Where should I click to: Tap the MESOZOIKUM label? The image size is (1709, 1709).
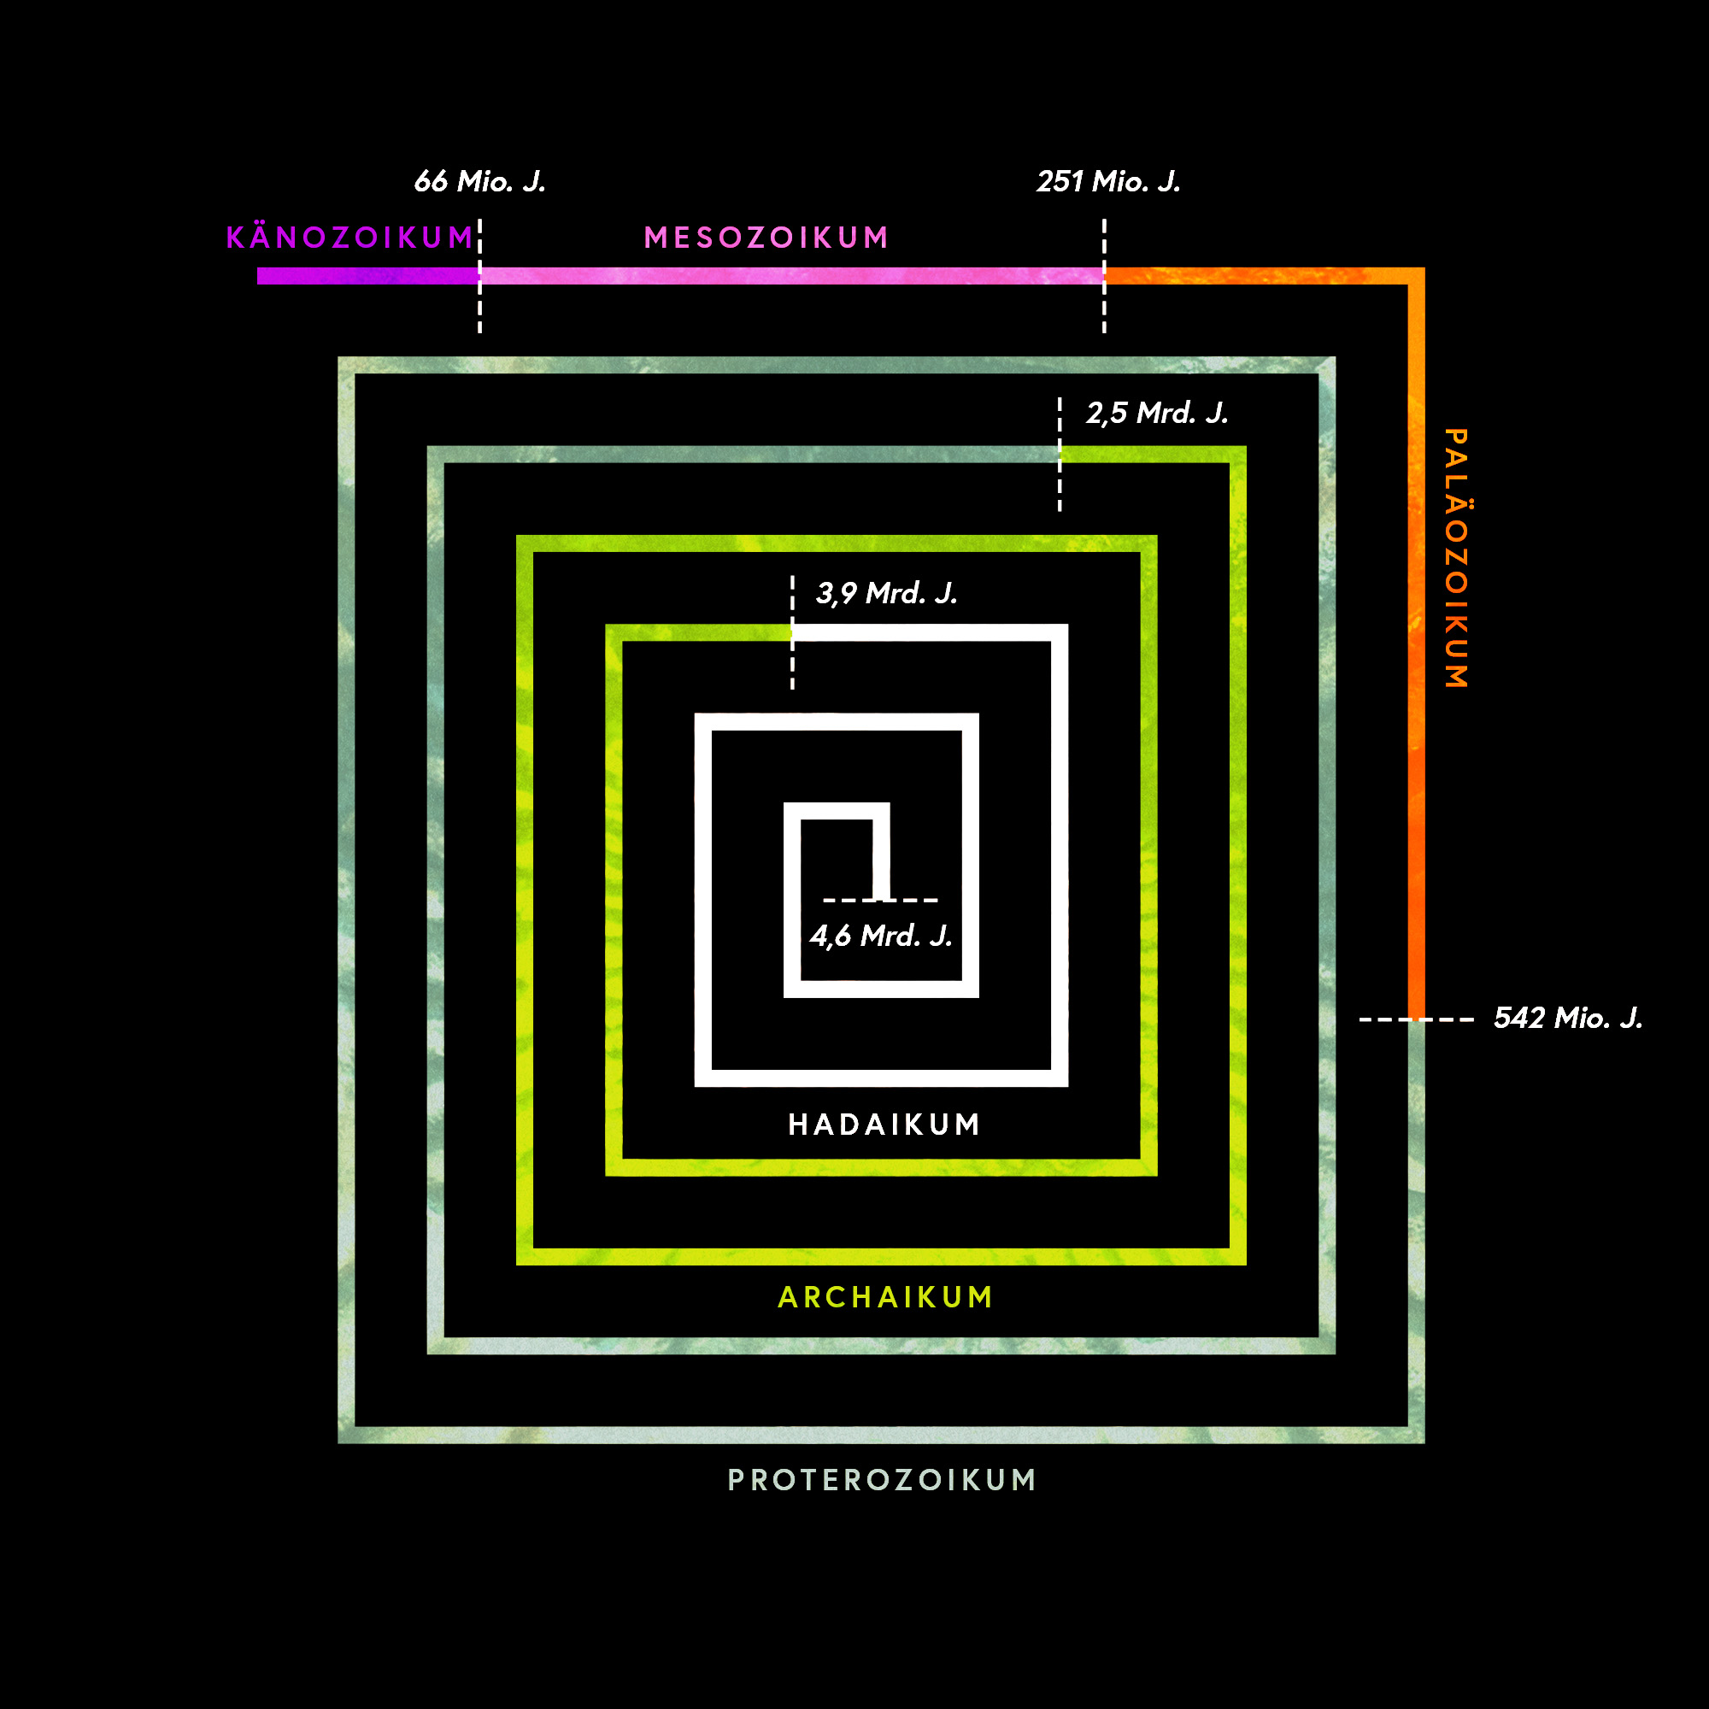pos(766,237)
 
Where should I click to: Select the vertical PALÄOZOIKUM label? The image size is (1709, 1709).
pos(1456,558)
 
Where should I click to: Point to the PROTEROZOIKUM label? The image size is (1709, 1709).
pos(882,1480)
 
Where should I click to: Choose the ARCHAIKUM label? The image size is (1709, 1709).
pos(885,1297)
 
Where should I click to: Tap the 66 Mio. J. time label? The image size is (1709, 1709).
pos(479,181)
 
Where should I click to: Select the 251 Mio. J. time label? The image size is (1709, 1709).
pos(1108,181)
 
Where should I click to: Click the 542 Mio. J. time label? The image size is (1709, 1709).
pos(1567,1019)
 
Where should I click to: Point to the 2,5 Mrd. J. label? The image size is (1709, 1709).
pos(1157,413)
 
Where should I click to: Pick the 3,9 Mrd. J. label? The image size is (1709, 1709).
pos(886,594)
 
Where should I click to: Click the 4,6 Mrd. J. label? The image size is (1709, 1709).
pos(881,936)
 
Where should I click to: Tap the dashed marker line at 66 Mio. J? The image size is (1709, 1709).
pos(480,276)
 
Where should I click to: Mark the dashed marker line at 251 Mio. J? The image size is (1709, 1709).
pos(1104,276)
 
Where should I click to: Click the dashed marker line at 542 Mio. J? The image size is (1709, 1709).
pos(1416,1020)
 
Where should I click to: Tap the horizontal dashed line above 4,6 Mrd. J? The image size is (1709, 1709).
pos(880,901)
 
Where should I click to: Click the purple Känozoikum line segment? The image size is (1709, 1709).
pos(369,276)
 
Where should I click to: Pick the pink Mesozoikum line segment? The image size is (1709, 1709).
pos(792,276)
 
